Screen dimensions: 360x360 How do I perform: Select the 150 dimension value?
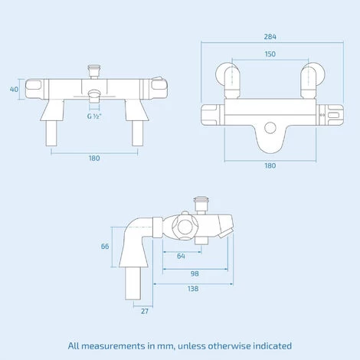[x=269, y=54]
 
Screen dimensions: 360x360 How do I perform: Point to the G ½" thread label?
[x=93, y=116]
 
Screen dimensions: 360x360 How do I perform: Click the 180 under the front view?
[x=94, y=159]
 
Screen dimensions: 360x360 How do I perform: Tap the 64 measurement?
[x=180, y=257]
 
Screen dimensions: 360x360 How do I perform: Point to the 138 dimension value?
[x=193, y=289]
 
